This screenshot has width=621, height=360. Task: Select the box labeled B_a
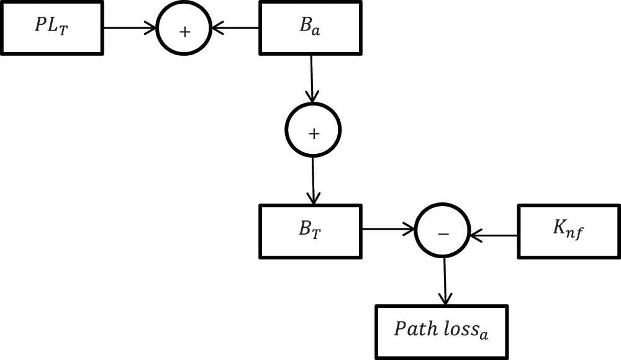(310, 28)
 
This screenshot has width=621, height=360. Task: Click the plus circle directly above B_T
(313, 131)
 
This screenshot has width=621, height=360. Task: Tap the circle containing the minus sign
(443, 233)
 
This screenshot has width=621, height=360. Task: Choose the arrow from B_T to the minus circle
(388, 230)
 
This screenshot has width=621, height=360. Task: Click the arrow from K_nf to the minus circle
(494, 235)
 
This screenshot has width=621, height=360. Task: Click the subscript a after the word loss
(484, 335)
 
